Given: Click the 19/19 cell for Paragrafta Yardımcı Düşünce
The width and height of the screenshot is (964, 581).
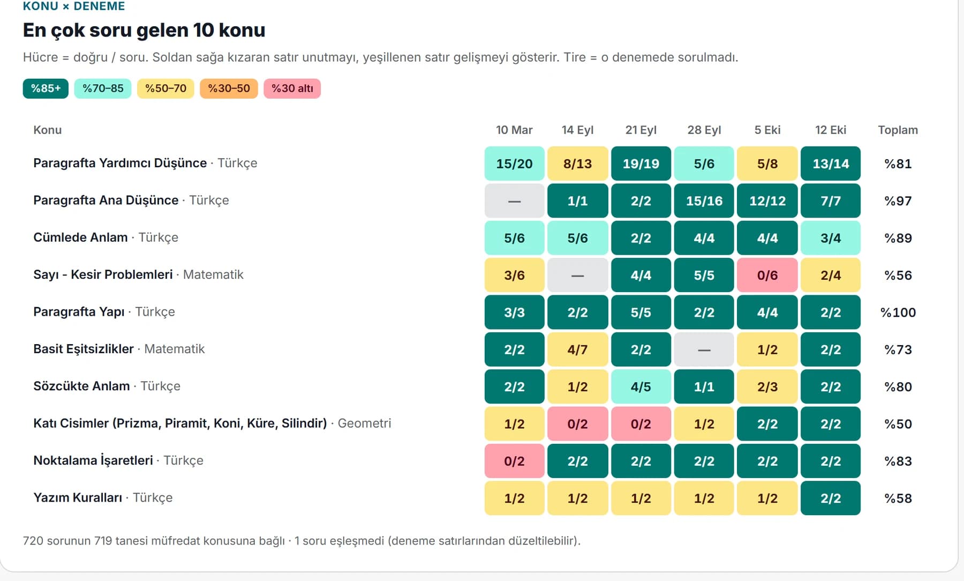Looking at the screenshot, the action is pyautogui.click(x=641, y=163).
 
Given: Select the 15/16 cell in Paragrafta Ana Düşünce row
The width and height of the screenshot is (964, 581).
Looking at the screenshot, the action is pyautogui.click(x=704, y=201).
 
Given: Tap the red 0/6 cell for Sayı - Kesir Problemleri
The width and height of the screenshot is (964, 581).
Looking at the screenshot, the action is pyautogui.click(x=767, y=275).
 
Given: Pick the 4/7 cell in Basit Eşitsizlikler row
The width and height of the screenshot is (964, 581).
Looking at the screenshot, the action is pyautogui.click(x=577, y=349).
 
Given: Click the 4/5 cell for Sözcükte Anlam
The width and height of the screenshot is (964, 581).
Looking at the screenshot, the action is pyautogui.click(x=641, y=386).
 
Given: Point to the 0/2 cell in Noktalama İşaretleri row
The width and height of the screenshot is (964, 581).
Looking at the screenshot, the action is pyautogui.click(x=514, y=461).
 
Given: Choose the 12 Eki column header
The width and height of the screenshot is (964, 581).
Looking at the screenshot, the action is pyautogui.click(x=831, y=130).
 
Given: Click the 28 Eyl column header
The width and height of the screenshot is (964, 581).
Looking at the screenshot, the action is pyautogui.click(x=704, y=130).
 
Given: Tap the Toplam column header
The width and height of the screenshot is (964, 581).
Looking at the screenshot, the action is pyautogui.click(x=898, y=130).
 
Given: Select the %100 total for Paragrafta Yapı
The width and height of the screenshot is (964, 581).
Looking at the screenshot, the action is pyautogui.click(x=898, y=312).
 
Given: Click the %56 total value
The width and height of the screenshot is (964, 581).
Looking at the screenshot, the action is pyautogui.click(x=898, y=275).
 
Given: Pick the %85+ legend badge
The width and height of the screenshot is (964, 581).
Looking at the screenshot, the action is pyautogui.click(x=46, y=88).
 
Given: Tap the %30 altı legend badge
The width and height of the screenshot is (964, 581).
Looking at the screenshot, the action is pyautogui.click(x=292, y=88).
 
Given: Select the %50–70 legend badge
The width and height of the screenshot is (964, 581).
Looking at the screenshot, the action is pyautogui.click(x=165, y=88).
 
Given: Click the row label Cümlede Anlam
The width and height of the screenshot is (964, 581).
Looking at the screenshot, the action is pyautogui.click(x=80, y=237).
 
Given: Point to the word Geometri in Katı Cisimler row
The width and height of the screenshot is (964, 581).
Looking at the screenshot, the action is pyautogui.click(x=364, y=423).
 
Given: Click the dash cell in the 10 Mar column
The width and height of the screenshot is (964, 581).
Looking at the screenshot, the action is pyautogui.click(x=514, y=201).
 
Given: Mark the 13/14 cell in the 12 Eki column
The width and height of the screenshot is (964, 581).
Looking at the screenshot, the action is pyautogui.click(x=831, y=163).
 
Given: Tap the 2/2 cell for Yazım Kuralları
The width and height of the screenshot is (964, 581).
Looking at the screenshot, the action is pyautogui.click(x=831, y=498).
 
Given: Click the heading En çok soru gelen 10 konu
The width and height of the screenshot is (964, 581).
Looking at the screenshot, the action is pyautogui.click(x=144, y=31).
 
